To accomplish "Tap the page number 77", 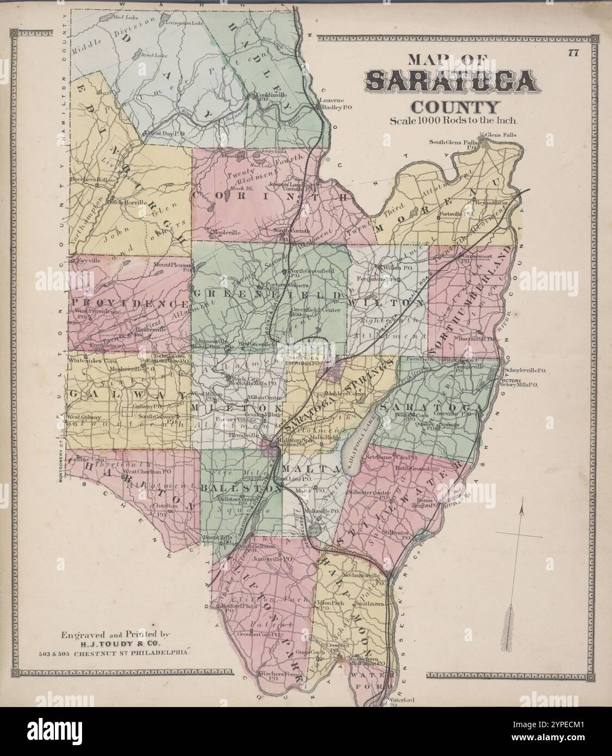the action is [573, 53].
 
